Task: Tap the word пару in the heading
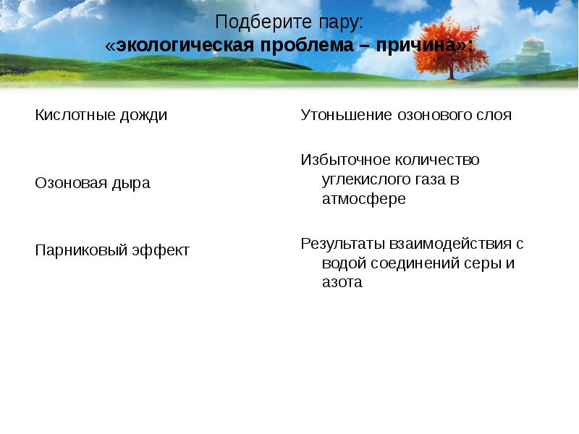coord(336,22)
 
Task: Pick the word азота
coord(342,283)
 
